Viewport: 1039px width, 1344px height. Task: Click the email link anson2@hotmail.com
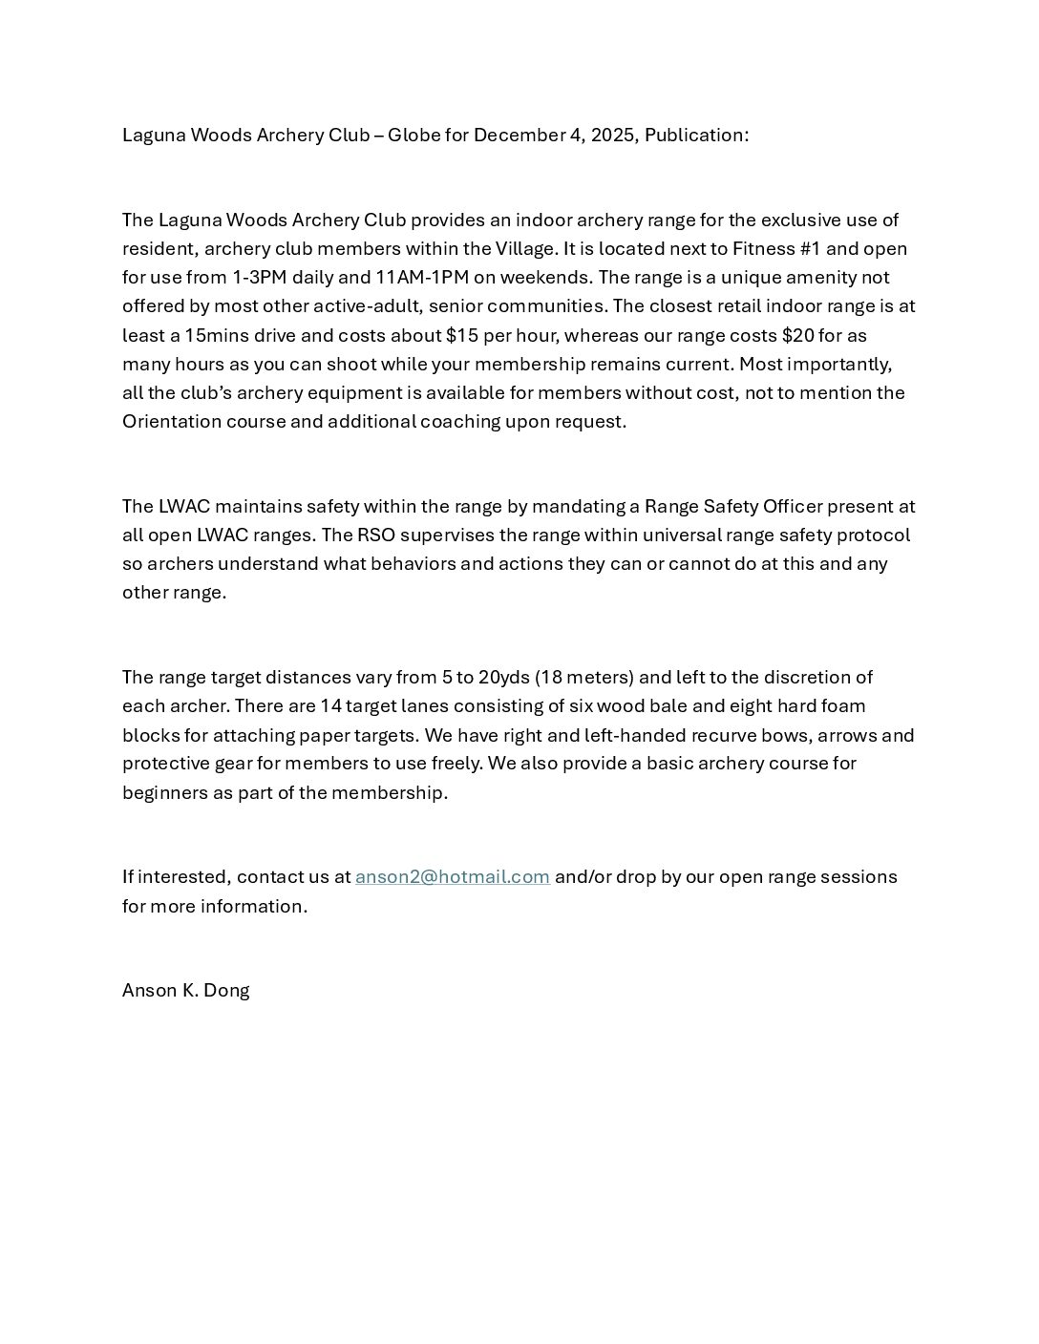tap(452, 876)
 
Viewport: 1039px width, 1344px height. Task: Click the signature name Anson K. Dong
tap(185, 990)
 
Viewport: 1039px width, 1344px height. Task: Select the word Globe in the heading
tap(413, 135)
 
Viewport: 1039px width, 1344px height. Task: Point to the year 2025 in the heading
tap(612, 135)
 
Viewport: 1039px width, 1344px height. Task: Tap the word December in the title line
tap(519, 135)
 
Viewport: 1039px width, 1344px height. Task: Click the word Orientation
tap(172, 421)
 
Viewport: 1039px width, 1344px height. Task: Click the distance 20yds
tap(503, 677)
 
